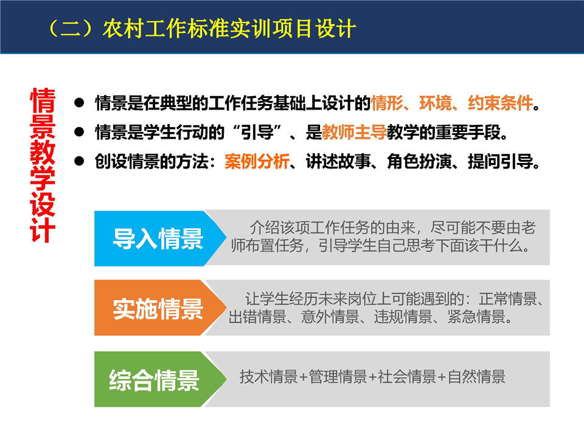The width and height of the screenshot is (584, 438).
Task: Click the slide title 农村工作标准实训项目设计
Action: [229, 29]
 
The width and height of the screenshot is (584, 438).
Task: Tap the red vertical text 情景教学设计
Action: [43, 165]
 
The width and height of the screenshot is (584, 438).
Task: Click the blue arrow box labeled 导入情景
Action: [160, 238]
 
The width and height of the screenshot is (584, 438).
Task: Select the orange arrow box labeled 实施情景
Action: [160, 308]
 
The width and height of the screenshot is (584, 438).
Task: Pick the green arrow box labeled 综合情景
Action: [160, 379]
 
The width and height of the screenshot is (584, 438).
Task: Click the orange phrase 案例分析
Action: [257, 162]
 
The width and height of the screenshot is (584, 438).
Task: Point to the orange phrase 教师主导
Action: [354, 132]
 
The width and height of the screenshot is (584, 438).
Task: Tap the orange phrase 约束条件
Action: [500, 103]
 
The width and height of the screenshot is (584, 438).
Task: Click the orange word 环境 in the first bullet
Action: [436, 103]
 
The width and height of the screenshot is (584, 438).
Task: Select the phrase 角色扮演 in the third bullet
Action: [419, 162]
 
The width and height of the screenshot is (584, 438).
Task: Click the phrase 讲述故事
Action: [338, 162]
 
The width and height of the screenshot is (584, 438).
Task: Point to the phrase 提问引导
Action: [500, 162]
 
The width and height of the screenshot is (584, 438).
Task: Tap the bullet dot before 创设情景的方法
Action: [79, 161]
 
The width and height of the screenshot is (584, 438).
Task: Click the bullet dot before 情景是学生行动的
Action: [79, 131]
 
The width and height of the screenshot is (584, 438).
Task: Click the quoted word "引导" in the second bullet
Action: [257, 132]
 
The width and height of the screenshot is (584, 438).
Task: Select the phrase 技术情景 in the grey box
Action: [268, 377]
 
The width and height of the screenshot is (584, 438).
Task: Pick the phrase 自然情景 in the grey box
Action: [476, 377]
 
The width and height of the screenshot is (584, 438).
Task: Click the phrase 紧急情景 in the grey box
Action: [476, 316]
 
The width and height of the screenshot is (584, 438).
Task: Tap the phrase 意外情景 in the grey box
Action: [330, 316]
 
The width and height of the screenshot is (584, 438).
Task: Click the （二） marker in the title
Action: [71, 29]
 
